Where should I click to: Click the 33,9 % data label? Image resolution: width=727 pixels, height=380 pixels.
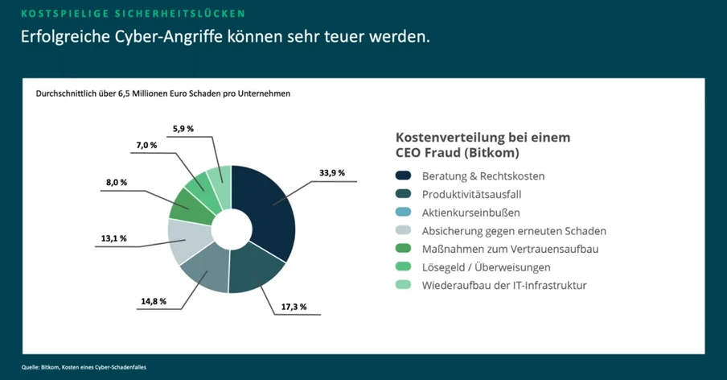point(331,172)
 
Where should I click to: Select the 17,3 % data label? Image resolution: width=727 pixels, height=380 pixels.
point(293,308)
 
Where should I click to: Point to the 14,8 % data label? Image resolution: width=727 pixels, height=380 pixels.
point(153,301)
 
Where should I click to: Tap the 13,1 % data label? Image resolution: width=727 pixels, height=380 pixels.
point(113,238)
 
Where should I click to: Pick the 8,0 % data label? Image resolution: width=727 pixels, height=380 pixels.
point(117,183)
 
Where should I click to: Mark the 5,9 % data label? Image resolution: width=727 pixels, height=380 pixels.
point(184,128)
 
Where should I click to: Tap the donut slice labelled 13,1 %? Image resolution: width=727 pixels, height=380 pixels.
point(187,240)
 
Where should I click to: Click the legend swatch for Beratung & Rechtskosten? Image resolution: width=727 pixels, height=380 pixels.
point(403,176)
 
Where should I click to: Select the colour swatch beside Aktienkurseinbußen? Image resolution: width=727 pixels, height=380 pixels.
point(403,213)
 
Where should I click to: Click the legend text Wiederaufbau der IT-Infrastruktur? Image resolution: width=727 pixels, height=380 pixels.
point(504,286)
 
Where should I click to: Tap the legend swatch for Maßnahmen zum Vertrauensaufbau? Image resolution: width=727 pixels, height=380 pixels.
point(403,249)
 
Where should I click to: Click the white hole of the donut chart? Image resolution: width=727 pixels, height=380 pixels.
point(232,229)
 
